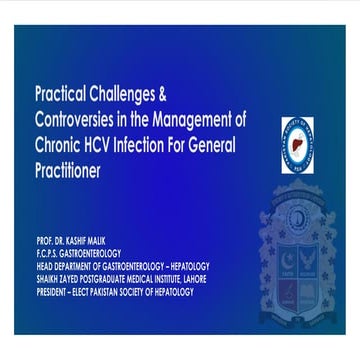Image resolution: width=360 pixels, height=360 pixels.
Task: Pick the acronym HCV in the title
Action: (122, 148)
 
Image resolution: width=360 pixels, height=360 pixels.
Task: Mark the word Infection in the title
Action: (169, 148)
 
